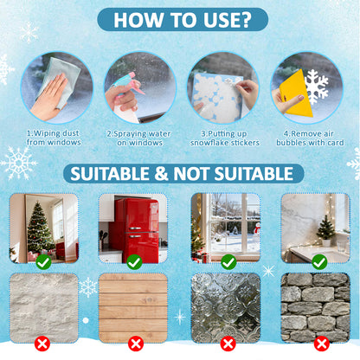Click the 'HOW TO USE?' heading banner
tap(183, 20)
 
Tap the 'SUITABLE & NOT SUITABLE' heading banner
tap(183, 174)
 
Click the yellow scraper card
tap(297, 93)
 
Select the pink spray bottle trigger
tap(135, 83)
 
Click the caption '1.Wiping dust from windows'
tap(54, 138)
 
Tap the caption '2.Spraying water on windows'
tap(139, 138)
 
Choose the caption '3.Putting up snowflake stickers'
tap(225, 138)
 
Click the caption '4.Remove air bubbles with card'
tap(310, 138)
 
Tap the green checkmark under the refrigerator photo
tap(134, 262)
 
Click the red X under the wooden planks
tap(136, 344)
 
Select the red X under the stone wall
tap(322, 344)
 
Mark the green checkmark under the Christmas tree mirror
tap(43, 262)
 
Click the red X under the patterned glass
tap(228, 344)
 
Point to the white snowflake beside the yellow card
tap(317, 87)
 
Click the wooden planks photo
tap(133, 308)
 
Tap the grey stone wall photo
tap(316, 308)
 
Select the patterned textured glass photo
tap(226, 308)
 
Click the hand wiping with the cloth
tap(49, 98)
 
